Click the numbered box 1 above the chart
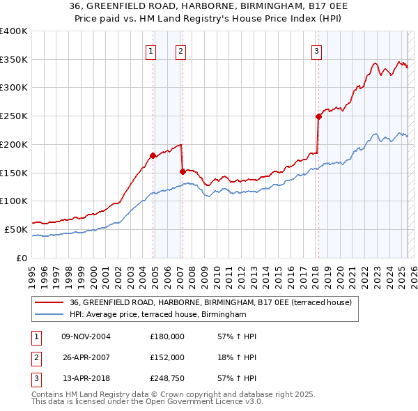[151, 50]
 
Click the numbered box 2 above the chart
[180, 50]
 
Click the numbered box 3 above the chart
[316, 50]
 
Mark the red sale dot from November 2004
[153, 155]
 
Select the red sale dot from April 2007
[183, 171]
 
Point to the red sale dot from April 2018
[318, 116]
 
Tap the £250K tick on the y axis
[14, 116]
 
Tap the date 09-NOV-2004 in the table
[86, 336]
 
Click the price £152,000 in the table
[167, 357]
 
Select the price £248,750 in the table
[167, 378]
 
